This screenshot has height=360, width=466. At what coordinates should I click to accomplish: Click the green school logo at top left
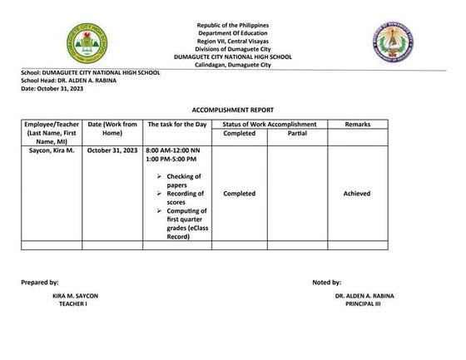(x=87, y=43)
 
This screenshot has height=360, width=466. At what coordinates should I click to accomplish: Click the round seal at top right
(x=393, y=43)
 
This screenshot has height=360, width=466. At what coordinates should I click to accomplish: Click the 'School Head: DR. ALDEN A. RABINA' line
(x=70, y=80)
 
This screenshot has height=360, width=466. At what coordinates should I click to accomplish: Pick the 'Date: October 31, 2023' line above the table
(x=52, y=87)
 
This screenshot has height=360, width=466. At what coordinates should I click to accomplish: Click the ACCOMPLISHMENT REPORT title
(x=231, y=109)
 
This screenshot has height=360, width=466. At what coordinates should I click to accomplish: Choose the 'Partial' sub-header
(x=297, y=133)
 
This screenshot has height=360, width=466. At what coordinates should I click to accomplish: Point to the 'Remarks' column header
(x=357, y=124)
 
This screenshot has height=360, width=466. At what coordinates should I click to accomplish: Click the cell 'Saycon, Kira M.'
(x=52, y=150)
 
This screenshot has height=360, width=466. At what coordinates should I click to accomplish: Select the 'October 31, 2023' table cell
(x=112, y=150)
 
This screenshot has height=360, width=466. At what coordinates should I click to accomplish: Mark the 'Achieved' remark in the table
(x=357, y=194)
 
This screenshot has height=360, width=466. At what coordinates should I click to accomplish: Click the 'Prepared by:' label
(x=40, y=283)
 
